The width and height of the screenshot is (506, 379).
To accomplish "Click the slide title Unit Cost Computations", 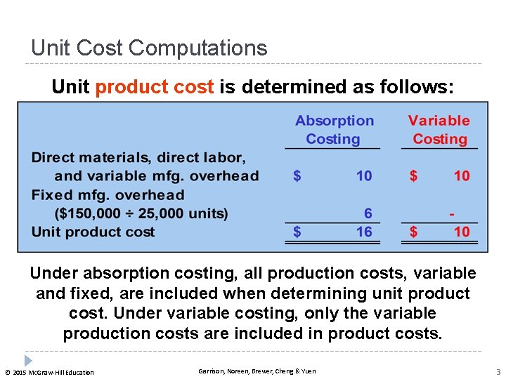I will point(149,48).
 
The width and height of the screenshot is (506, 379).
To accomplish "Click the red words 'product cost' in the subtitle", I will point(154,87).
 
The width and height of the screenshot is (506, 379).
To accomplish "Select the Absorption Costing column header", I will point(334,130).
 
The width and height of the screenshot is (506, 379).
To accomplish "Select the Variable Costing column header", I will point(439,130).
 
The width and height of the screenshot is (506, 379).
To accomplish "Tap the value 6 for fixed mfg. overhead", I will point(368,213).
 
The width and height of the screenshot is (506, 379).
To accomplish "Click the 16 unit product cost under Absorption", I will point(364,232).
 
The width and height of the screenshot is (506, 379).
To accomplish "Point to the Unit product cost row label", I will point(93,232).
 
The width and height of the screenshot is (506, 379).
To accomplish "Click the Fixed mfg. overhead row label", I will point(108,195).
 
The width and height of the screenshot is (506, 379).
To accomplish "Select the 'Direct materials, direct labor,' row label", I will point(138,157).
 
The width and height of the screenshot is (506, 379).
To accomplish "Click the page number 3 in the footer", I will point(497,371).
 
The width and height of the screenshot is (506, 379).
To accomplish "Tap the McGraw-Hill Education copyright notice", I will point(49,372).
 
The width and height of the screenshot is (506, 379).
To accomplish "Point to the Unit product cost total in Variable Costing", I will point(461,232).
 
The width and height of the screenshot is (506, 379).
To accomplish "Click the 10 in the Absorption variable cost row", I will point(364,175).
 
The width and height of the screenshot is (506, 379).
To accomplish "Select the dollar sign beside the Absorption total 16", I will point(297,232).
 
